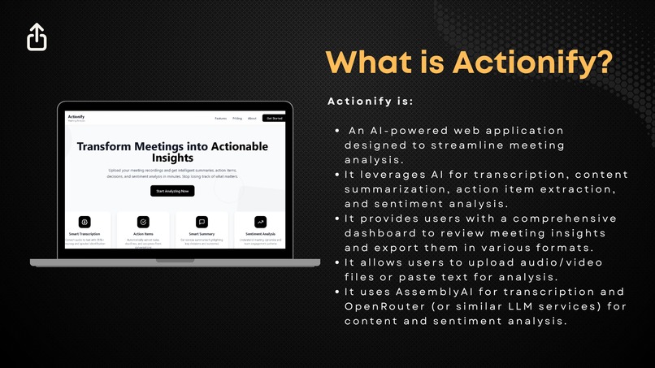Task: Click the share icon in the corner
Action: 37,37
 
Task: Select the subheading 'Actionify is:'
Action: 370,102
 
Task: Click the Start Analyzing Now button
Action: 172,191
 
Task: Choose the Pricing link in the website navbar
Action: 237,119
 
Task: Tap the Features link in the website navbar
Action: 221,119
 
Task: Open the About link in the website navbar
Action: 252,119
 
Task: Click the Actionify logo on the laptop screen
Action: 76,117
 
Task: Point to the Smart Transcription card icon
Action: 85,221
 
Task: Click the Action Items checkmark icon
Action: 143,221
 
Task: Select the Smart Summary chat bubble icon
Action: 202,221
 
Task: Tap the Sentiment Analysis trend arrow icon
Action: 260,221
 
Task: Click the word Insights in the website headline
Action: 172,159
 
